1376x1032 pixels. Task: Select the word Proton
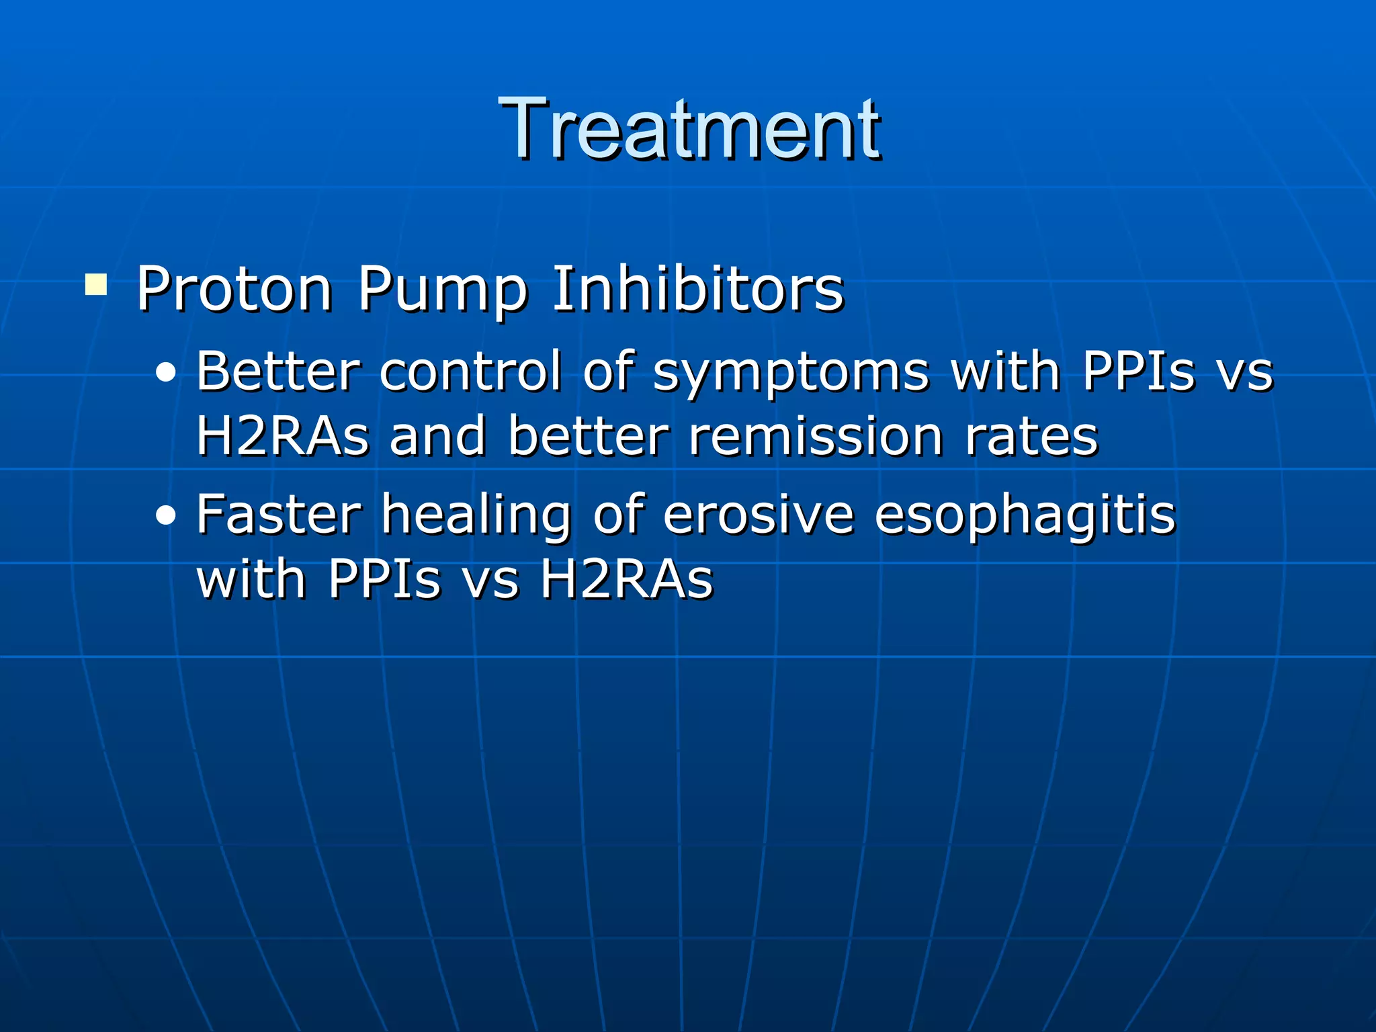[x=234, y=289]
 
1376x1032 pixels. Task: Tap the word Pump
[x=442, y=290]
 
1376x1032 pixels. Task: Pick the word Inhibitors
[x=697, y=289]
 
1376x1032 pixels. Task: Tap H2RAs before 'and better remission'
[x=283, y=437]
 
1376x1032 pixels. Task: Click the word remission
[x=816, y=437]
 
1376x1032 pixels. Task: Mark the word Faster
[x=279, y=515]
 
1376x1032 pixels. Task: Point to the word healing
[x=476, y=516]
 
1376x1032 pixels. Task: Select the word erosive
[x=759, y=515]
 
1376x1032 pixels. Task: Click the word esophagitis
[x=1025, y=516]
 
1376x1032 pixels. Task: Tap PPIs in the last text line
[x=384, y=579]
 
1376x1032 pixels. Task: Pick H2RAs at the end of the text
[x=626, y=579]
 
